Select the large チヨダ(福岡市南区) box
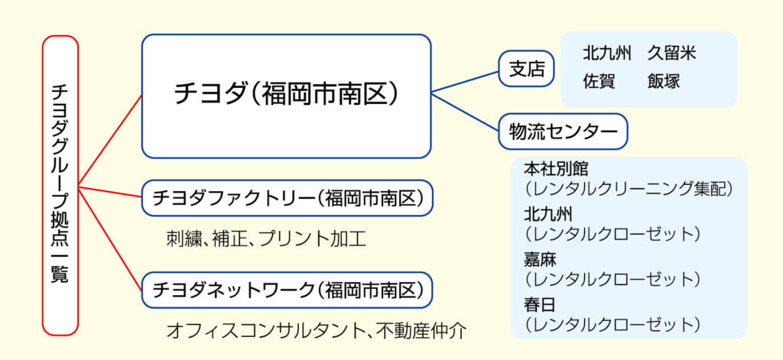click(286, 96)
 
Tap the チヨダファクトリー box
click(287, 199)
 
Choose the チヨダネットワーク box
click(287, 290)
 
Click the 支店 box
click(527, 69)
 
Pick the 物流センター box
click(563, 131)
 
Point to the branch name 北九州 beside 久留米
click(606, 54)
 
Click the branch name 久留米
click(671, 54)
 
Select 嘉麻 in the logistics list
click(540, 259)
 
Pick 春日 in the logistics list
click(540, 305)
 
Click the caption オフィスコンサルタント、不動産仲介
click(316, 331)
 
